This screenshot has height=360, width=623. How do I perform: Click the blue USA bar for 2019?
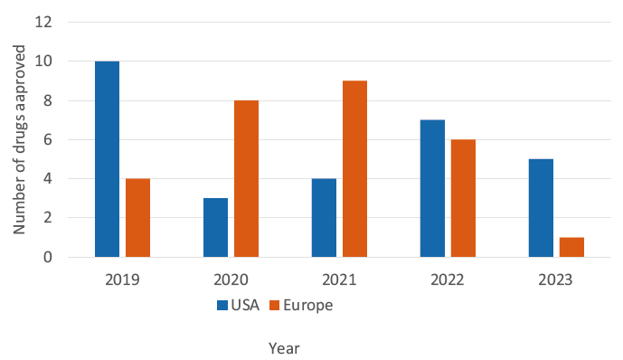[107, 159]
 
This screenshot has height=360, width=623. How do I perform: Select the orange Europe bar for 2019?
[137, 218]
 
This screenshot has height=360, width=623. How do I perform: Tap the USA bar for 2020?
[216, 227]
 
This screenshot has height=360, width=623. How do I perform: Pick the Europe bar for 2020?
[246, 178]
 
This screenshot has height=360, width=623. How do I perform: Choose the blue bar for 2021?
[325, 218]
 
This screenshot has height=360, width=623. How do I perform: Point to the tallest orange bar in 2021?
[354, 169]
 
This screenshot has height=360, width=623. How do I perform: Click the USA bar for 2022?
[433, 188]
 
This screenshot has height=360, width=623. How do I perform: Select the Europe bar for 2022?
[463, 198]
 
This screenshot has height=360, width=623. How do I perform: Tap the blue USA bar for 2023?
[541, 208]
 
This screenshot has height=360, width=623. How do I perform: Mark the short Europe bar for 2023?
[571, 247]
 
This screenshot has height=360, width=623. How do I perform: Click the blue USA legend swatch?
[222, 305]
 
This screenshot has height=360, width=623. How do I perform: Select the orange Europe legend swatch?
[275, 305]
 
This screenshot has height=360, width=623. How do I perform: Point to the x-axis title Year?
[284, 348]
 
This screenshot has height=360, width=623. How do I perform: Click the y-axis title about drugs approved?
[19, 139]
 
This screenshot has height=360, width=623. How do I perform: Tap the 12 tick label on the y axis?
[43, 23]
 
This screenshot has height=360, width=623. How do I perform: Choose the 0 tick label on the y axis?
[48, 257]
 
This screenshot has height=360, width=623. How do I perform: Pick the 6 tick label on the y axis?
[48, 139]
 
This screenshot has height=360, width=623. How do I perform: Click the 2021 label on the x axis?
[339, 280]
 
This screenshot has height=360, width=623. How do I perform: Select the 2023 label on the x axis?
[555, 280]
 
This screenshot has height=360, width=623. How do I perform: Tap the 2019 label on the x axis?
[122, 280]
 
